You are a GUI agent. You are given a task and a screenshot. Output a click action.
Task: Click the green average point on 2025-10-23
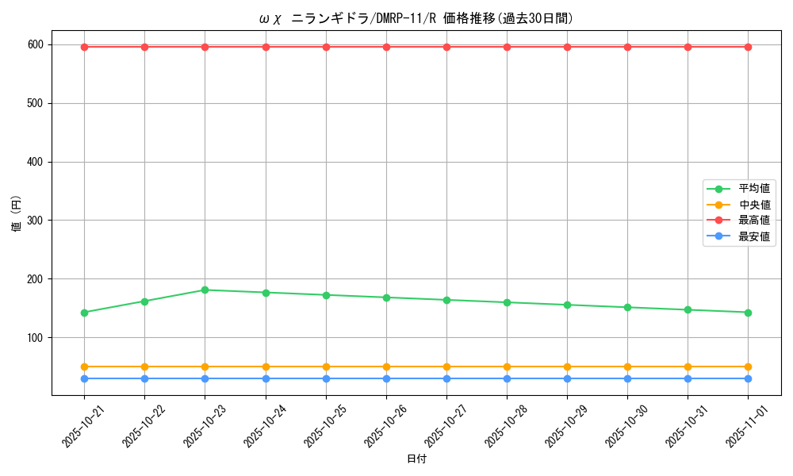tap(205, 290)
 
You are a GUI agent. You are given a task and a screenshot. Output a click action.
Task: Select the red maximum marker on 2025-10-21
tap(84, 47)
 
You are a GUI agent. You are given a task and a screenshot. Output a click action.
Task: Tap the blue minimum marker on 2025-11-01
tap(748, 378)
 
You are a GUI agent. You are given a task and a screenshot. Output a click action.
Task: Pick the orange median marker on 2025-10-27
tap(446, 367)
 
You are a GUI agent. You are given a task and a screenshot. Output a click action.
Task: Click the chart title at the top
tap(416, 18)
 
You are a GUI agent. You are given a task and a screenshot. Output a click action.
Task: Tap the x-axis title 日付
tap(416, 459)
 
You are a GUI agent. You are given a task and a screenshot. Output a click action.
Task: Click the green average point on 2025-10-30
tap(627, 307)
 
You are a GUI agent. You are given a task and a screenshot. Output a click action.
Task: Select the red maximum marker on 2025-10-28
tap(507, 47)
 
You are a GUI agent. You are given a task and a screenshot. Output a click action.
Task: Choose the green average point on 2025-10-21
tap(84, 313)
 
